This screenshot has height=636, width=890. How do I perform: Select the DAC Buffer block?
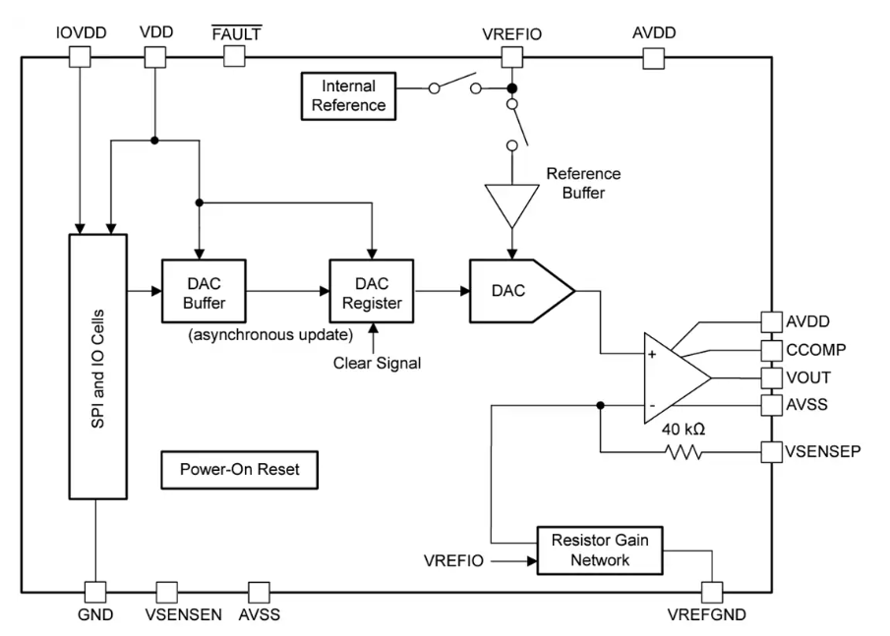click(204, 292)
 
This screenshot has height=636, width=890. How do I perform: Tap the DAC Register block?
click(373, 292)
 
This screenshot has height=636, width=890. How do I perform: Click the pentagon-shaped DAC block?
click(519, 292)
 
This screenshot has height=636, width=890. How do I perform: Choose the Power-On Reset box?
click(239, 470)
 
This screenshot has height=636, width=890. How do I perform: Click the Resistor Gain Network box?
click(599, 550)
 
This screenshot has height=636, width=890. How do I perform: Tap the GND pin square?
click(95, 592)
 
